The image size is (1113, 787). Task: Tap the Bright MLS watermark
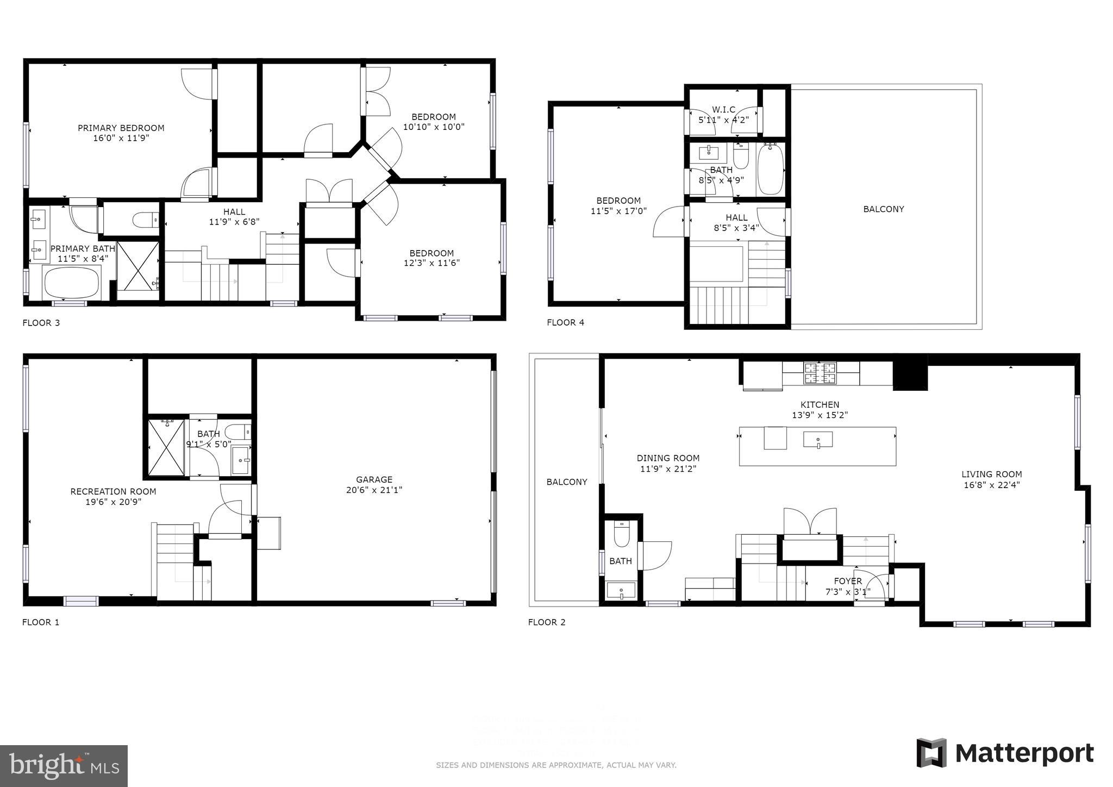[x=64, y=766]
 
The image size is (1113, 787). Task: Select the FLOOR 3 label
[x=41, y=323]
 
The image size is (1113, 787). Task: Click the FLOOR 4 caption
[x=565, y=322]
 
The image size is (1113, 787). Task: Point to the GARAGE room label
[x=374, y=479]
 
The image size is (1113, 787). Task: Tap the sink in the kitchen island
[x=818, y=439]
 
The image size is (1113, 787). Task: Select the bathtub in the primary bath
[x=71, y=283]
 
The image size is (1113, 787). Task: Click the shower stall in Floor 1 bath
[x=166, y=448]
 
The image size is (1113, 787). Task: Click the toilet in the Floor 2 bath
[x=621, y=533]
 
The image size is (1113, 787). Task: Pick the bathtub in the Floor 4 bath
[x=770, y=169]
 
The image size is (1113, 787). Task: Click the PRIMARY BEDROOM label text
[x=121, y=128]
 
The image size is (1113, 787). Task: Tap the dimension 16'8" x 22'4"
[x=991, y=485]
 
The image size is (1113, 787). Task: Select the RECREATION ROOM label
[x=113, y=491]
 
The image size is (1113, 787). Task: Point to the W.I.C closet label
[x=723, y=110]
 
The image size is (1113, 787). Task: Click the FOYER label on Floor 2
[x=848, y=581]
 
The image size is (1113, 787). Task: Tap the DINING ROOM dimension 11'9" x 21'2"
[x=668, y=469]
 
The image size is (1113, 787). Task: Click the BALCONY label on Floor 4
[x=883, y=209]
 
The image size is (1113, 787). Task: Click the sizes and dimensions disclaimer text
[x=556, y=765]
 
